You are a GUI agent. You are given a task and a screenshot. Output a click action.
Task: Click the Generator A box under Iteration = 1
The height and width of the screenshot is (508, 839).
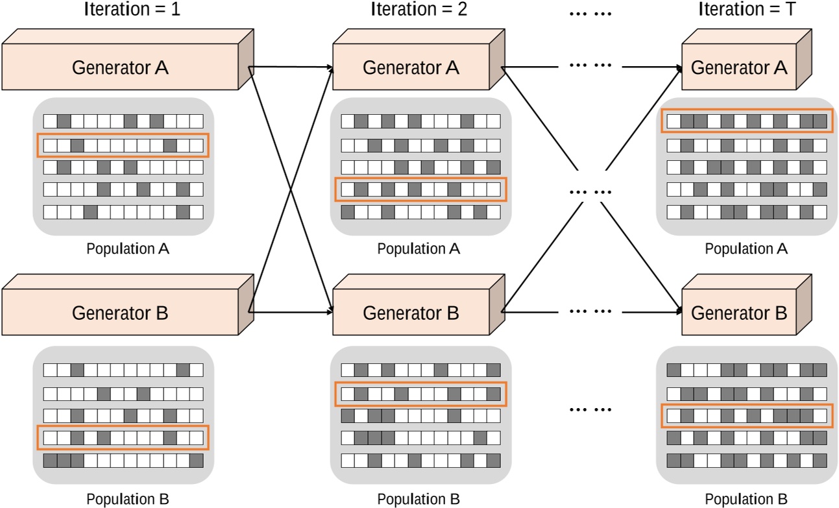coord(120,67)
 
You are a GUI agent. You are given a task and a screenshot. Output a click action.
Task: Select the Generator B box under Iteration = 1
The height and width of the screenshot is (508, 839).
coord(120,313)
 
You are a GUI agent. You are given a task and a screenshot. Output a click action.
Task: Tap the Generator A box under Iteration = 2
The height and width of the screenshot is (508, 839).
coord(410,67)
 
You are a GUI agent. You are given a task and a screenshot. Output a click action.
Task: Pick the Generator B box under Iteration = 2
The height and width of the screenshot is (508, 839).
coord(410,313)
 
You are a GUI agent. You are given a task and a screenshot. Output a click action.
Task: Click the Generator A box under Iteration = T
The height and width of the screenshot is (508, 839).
coord(738,67)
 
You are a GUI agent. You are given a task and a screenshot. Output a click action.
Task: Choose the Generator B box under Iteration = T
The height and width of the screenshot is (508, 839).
coord(738,313)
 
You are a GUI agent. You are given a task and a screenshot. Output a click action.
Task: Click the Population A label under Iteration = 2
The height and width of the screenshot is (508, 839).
coord(419,249)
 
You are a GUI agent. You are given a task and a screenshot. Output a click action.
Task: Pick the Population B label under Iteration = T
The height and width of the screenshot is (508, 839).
coord(746,499)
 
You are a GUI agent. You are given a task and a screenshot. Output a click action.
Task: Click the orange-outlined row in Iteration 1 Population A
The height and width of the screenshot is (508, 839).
coord(123,145)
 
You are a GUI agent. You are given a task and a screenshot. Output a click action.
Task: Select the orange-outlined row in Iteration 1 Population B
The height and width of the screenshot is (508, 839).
coord(123,438)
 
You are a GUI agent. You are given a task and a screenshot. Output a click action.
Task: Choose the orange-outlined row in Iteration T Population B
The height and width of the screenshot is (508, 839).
coord(747,415)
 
